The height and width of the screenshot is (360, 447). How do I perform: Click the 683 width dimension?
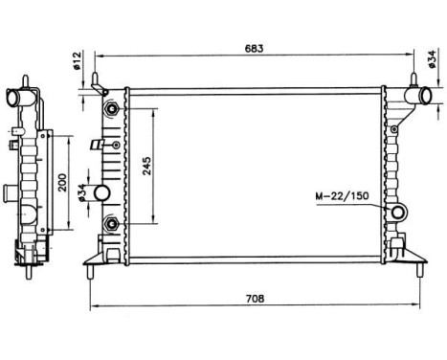pos(255,47)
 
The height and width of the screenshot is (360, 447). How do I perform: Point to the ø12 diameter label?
pos(78,63)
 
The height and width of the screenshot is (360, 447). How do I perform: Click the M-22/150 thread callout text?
pos(342,198)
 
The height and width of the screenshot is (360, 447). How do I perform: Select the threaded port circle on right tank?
pos(396,210)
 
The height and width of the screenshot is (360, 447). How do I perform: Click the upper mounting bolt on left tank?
pos(114,106)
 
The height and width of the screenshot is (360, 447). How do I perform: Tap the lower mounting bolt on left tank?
pos(114,224)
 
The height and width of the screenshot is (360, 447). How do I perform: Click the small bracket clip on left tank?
pos(97,146)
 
